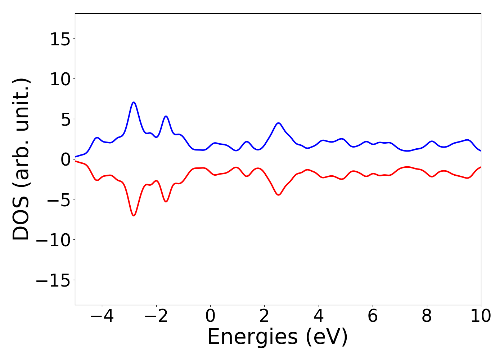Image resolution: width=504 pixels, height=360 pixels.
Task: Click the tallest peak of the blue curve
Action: point(134,102)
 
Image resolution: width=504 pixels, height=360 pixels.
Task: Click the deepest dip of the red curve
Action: point(134,216)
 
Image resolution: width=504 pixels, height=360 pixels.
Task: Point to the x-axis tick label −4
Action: point(102,316)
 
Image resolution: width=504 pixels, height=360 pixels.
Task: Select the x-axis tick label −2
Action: point(156,316)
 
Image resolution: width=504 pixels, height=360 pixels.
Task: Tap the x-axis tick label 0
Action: point(210,316)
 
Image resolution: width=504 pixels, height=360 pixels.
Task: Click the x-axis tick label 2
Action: point(264,316)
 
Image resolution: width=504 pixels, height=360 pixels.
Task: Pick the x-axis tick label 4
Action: point(319,316)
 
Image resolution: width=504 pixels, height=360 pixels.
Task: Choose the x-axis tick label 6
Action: point(373,316)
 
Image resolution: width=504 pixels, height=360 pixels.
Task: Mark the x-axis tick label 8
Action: point(427,316)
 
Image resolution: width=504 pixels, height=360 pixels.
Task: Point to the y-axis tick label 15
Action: point(60,39)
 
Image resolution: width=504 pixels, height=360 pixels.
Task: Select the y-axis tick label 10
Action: point(60,79)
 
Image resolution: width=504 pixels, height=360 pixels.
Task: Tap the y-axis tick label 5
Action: point(65,120)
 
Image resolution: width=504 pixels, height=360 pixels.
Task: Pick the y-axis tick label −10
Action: point(53,240)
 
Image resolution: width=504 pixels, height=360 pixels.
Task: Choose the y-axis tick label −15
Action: point(53,280)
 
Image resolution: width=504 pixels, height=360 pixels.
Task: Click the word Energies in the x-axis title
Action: point(252,337)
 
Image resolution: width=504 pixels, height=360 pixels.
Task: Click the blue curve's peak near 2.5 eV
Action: point(278,123)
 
